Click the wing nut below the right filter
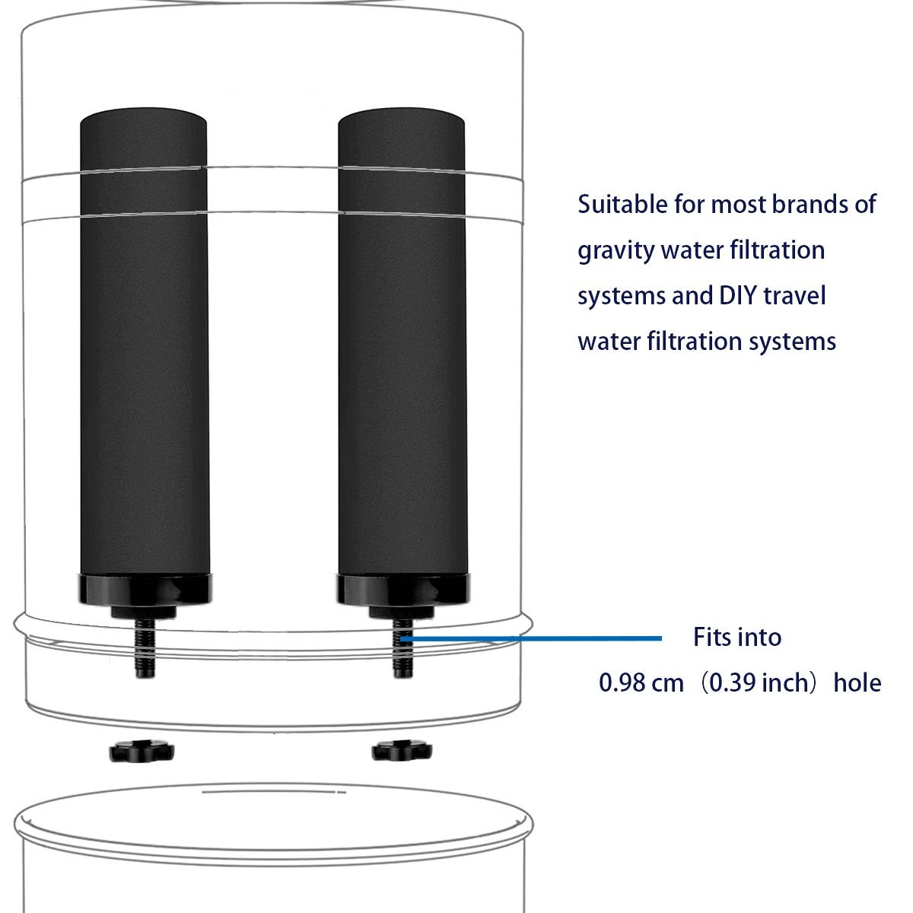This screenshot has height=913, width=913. click(x=402, y=751)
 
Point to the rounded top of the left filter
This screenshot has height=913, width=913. click(x=144, y=117)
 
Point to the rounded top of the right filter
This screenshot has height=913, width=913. click(x=401, y=117)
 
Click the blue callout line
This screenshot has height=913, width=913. click(x=531, y=638)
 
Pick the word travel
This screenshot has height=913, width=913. click(x=794, y=296)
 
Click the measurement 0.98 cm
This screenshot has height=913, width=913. click(x=641, y=683)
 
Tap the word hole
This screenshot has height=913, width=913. click(x=857, y=683)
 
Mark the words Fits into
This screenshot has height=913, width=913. click(x=737, y=638)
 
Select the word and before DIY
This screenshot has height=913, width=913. click(x=692, y=296)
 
